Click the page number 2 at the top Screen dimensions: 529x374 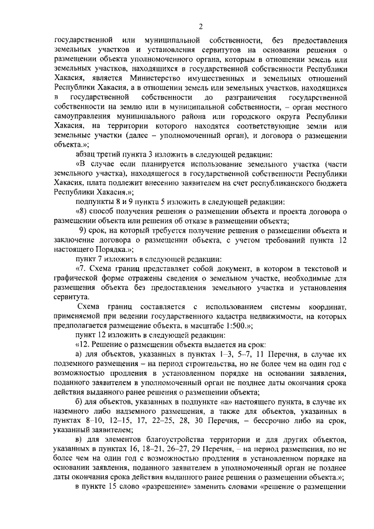[x=200, y=26]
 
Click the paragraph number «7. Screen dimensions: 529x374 [x=80, y=268]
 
